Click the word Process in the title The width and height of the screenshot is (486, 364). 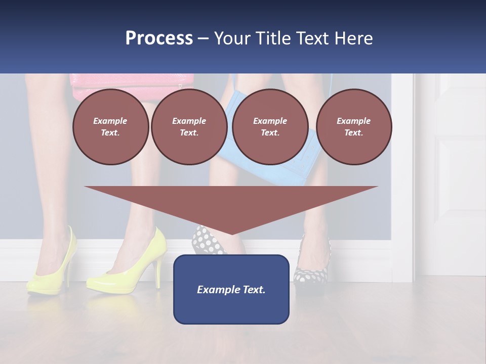pyautogui.click(x=159, y=38)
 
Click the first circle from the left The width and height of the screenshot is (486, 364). pyautogui.click(x=110, y=127)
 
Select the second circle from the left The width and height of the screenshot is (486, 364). pyautogui.click(x=189, y=127)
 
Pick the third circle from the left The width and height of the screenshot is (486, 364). pyautogui.click(x=270, y=127)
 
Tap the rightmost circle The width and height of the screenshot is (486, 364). pyautogui.click(x=354, y=127)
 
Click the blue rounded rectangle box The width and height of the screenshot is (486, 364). pyautogui.click(x=231, y=289)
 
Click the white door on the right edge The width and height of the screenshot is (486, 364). pyautogui.click(x=458, y=172)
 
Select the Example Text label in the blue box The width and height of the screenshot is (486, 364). pyautogui.click(x=231, y=290)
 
